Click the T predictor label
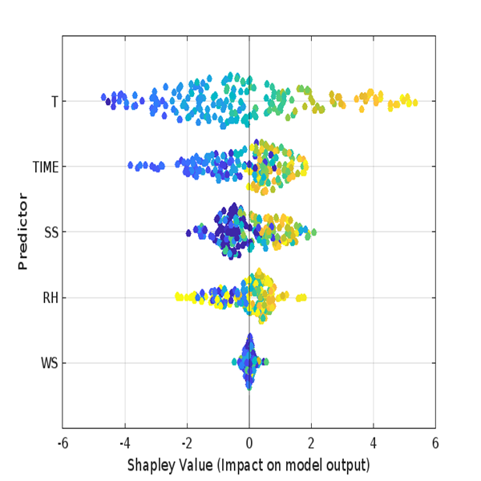54,102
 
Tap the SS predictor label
51,233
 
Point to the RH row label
50,299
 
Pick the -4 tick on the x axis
124,443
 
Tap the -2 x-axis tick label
186,443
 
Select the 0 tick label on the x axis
249,443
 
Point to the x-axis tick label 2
311,443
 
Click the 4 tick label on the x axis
374,443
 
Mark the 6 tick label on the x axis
435,443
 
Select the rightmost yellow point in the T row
414,102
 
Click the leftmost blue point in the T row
104,98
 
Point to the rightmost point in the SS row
313,232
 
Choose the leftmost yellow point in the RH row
179,297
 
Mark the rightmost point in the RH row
304,298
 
